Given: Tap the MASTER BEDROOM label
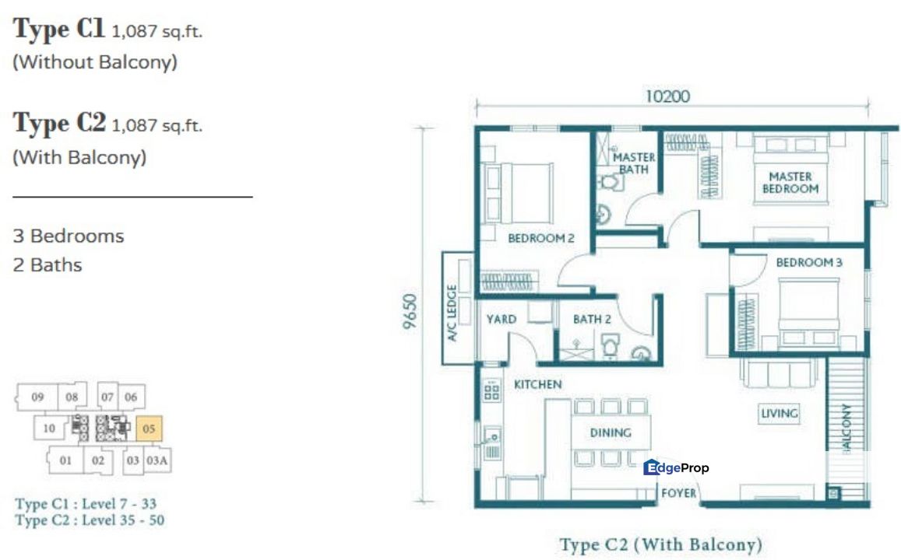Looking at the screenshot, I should (x=790, y=183).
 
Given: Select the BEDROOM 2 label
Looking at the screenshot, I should (x=540, y=238).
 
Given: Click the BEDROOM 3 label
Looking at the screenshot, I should (x=809, y=263).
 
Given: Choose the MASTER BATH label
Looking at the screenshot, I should (x=634, y=163).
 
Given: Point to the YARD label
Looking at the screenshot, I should (x=502, y=319).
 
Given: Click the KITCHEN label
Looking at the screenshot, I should (x=537, y=384).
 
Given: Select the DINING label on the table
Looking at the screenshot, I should (x=610, y=433).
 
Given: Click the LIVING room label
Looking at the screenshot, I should (x=779, y=413).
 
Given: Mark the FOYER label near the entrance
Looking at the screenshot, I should (x=678, y=493).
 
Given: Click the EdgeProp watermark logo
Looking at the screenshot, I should (x=676, y=467).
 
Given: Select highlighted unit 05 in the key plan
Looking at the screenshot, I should (x=150, y=428).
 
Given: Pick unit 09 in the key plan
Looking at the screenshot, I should (x=37, y=397).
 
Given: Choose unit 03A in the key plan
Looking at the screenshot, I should (x=157, y=460).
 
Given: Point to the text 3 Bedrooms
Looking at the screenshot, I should (x=69, y=236).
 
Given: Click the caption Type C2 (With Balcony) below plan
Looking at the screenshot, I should (x=660, y=544).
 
